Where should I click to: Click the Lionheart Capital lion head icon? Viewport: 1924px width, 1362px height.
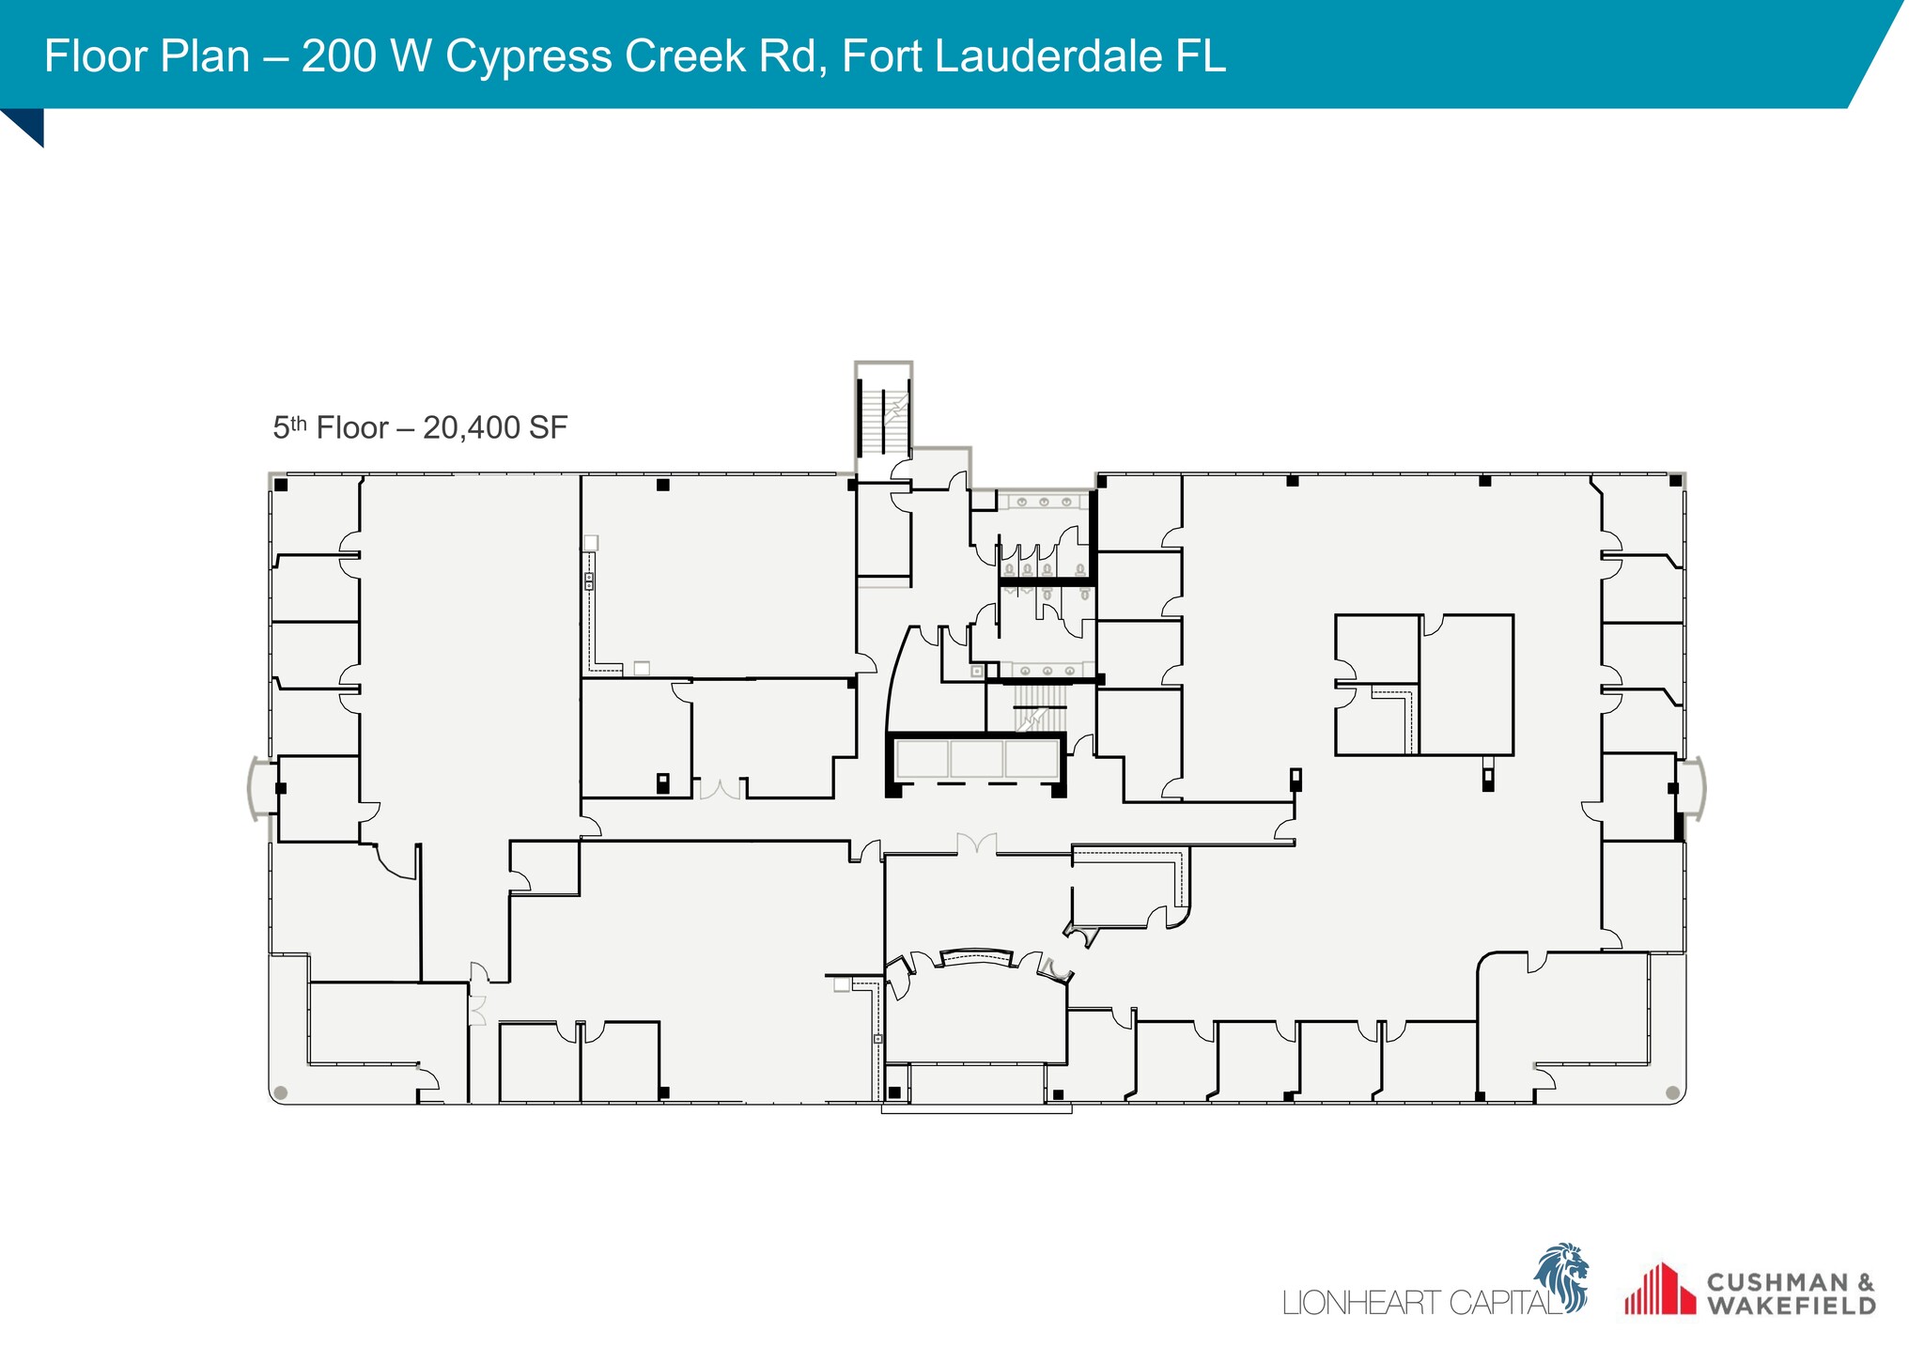(x=1562, y=1276)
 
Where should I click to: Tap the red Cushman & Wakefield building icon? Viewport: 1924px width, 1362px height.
(x=1659, y=1289)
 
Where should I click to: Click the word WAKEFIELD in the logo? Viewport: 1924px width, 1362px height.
(x=1791, y=1306)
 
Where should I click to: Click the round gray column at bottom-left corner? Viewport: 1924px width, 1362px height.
(x=280, y=1092)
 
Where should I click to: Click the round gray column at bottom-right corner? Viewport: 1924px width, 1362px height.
(x=1672, y=1092)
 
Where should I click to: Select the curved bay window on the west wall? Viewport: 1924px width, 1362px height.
(x=255, y=788)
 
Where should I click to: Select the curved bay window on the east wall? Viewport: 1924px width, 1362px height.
(x=1697, y=789)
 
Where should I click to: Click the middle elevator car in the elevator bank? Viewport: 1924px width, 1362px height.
(x=976, y=759)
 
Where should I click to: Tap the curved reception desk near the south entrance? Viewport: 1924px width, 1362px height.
(x=977, y=957)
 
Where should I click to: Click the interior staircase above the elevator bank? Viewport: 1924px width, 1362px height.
(x=1041, y=711)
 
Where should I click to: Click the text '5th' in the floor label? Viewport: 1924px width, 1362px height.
(x=290, y=428)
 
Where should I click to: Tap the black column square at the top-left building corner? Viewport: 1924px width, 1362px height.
(x=281, y=485)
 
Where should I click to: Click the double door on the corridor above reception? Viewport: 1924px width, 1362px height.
(x=977, y=843)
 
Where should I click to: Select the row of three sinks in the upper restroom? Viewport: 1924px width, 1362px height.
(x=1044, y=502)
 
